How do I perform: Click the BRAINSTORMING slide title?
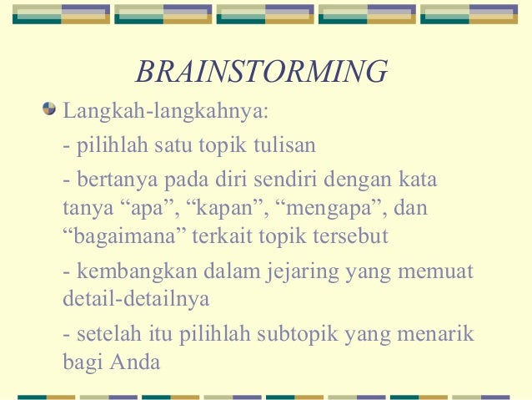tap(261, 72)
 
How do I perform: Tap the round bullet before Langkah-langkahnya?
tap(51, 109)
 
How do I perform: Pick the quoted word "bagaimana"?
tap(124, 235)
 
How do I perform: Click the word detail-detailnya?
tap(136, 298)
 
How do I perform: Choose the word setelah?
tap(103, 334)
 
